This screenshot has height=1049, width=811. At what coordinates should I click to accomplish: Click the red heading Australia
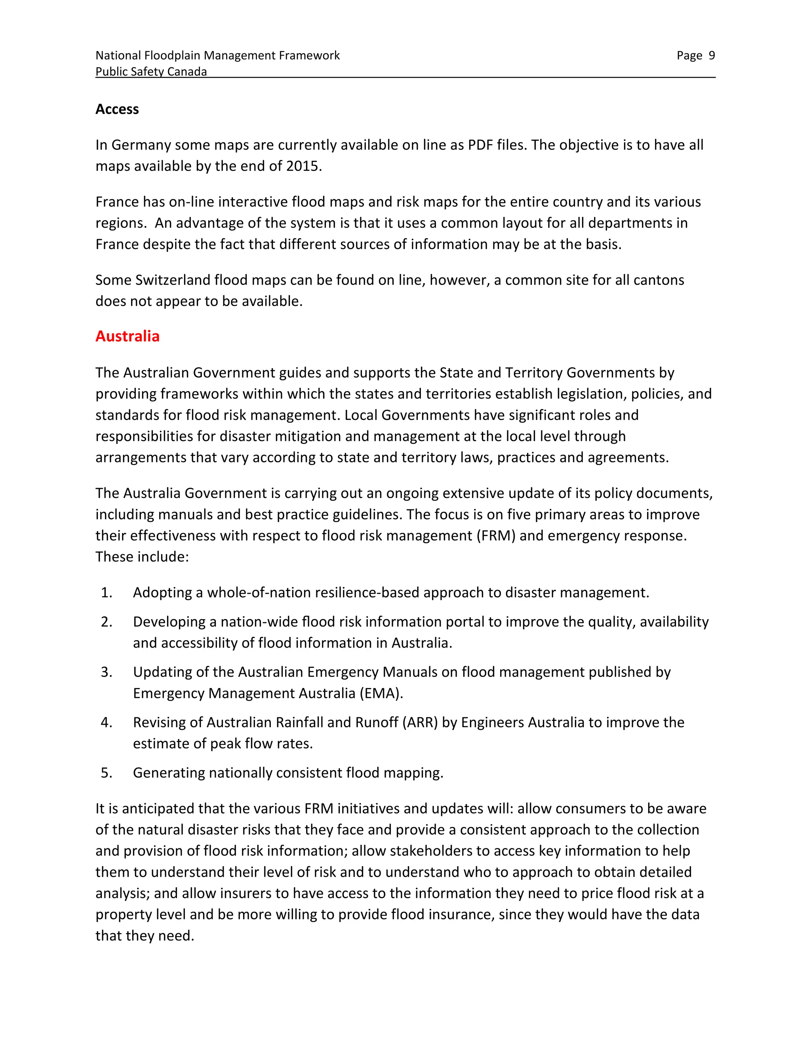pos(128,336)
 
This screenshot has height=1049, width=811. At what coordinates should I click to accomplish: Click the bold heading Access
pos(117,110)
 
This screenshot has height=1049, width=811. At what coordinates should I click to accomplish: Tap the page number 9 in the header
pos(712,56)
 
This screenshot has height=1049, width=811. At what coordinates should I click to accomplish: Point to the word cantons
pos(658,280)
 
